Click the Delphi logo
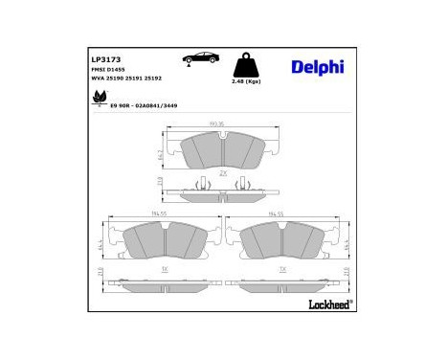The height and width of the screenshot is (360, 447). point(317,66)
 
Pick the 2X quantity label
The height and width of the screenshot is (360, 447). point(222,172)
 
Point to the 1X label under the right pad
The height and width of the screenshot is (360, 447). point(281,270)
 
